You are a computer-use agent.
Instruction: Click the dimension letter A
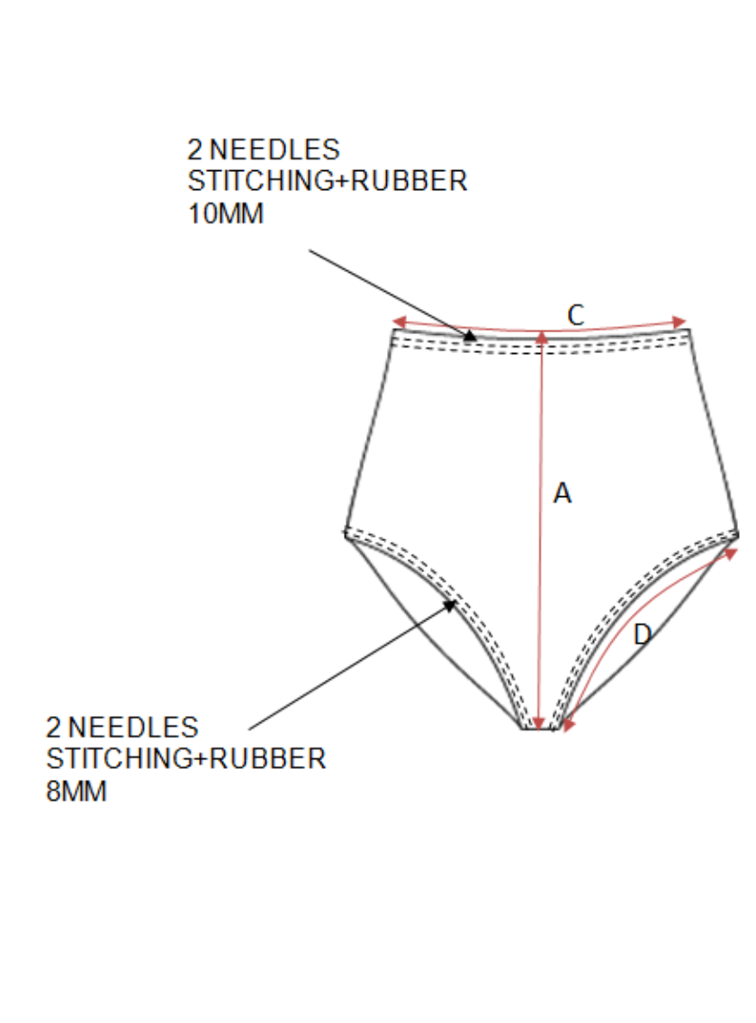tap(562, 493)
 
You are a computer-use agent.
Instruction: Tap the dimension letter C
tap(576, 314)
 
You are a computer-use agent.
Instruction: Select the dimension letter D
tap(642, 635)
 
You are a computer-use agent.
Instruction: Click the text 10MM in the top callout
tap(225, 215)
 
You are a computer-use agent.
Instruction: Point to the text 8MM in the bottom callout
tap(76, 792)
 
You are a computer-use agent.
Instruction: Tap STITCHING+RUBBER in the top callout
tap(328, 181)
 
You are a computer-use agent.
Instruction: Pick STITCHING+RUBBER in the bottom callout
tap(185, 758)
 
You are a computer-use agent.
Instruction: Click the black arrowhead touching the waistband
tap(469, 335)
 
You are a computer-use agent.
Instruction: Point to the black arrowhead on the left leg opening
tap(451, 606)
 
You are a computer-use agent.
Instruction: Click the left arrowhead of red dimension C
tap(399, 322)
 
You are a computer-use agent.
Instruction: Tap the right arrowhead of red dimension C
tap(681, 322)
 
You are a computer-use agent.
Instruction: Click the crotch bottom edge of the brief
tap(538, 729)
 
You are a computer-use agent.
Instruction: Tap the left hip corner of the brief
tap(346, 532)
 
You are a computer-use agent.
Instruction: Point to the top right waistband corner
tap(689, 330)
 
